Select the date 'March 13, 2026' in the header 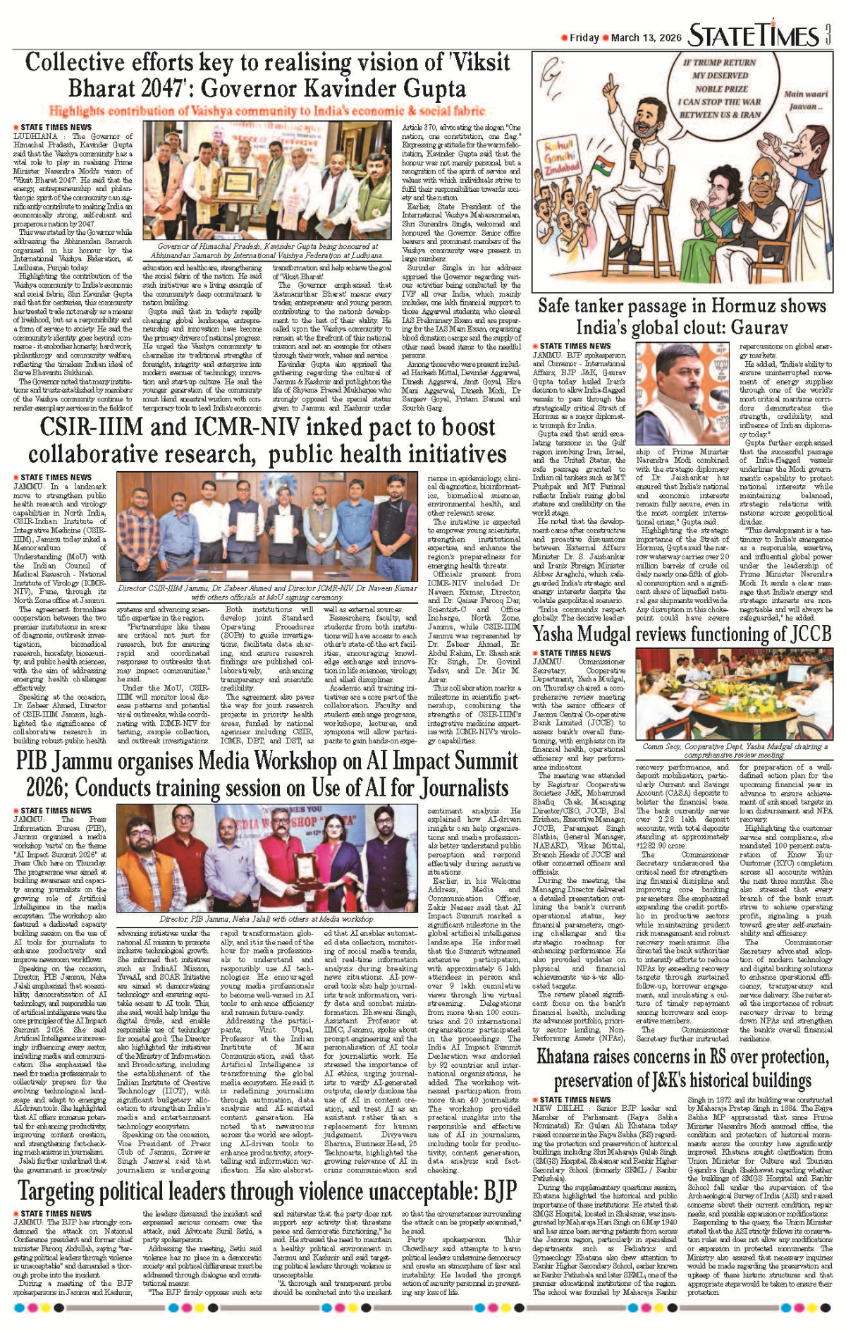coord(646,37)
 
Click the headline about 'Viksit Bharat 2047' coord(267,75)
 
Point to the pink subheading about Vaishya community coord(267,111)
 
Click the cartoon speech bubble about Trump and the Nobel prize coord(719,88)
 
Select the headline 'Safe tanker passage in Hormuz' coord(682,316)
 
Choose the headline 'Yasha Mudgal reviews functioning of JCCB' coord(682,633)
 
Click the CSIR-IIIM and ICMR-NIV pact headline coord(267,439)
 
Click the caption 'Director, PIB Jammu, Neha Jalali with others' coord(267,919)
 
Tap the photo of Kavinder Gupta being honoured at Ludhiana coord(264,181)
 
